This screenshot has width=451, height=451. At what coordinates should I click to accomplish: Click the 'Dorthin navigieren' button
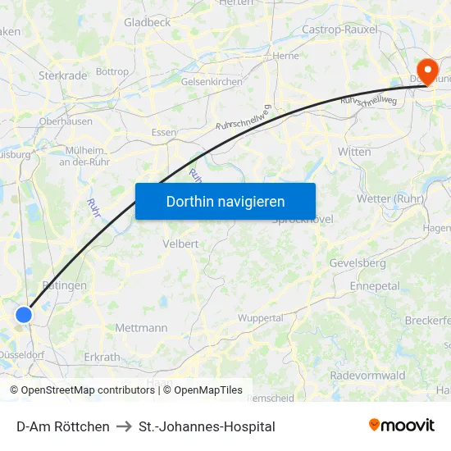tap(225, 201)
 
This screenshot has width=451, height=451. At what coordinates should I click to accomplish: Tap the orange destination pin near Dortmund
tap(426, 69)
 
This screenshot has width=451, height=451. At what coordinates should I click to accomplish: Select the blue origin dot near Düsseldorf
tap(24, 314)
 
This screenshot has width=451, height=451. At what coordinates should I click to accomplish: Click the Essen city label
tap(164, 132)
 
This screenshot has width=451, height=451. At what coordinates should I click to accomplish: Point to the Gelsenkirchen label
tap(212, 82)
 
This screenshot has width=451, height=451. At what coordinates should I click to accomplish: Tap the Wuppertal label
tap(260, 317)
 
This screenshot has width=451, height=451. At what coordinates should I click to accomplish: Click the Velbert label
tap(180, 244)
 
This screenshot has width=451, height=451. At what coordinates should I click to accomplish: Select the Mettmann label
tap(141, 327)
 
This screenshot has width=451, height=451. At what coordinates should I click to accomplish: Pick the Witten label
tap(354, 152)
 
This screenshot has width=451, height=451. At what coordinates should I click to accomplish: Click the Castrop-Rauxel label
tap(339, 30)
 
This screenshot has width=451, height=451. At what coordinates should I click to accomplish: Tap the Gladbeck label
tap(148, 22)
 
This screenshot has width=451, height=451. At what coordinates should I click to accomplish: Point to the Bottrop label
tap(112, 71)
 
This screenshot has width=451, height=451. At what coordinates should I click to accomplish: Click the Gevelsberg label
tap(357, 263)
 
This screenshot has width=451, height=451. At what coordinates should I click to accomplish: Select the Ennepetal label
tap(375, 286)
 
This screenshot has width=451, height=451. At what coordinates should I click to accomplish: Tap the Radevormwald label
tap(367, 375)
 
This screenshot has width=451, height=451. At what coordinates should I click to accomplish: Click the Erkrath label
tap(102, 357)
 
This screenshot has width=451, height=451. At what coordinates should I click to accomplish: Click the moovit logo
tap(401, 425)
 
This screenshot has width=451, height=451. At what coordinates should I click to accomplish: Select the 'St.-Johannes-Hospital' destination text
tap(207, 426)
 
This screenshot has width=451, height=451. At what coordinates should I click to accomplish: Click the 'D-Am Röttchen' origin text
tap(63, 426)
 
